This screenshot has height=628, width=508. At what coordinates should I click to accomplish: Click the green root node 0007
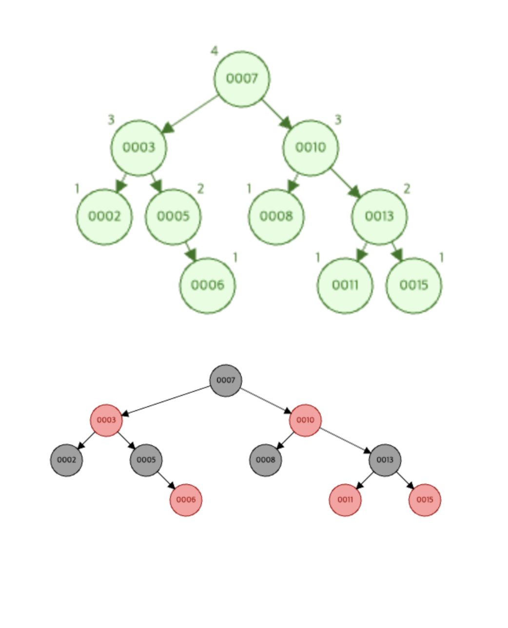(x=242, y=79)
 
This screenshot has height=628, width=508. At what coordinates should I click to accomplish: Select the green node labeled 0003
(x=138, y=148)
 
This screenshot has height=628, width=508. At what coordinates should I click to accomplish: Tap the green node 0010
(x=311, y=148)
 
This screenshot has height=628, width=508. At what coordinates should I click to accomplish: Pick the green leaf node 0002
(x=104, y=216)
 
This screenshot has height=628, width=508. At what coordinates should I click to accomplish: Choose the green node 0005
(x=173, y=216)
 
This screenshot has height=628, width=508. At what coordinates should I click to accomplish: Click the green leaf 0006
(x=208, y=285)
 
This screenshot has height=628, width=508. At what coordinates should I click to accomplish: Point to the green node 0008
(x=276, y=216)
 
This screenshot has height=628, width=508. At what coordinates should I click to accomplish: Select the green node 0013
(x=379, y=216)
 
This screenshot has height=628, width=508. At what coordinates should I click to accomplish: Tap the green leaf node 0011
(x=345, y=285)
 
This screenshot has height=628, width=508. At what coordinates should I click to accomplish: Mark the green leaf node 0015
(x=414, y=285)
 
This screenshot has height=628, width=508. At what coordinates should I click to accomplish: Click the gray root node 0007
(x=226, y=380)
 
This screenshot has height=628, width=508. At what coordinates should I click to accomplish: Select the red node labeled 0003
(x=106, y=420)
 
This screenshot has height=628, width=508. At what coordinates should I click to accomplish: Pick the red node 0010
(x=306, y=420)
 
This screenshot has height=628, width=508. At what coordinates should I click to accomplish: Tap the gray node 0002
(x=67, y=460)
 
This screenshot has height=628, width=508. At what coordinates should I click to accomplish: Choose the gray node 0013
(x=385, y=460)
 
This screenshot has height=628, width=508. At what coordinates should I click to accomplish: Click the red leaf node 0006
(x=186, y=500)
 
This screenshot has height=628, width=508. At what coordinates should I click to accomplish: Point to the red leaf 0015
(x=425, y=500)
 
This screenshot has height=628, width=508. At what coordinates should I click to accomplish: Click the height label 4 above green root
(x=215, y=51)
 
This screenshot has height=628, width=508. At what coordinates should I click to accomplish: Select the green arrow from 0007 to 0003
(x=191, y=114)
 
